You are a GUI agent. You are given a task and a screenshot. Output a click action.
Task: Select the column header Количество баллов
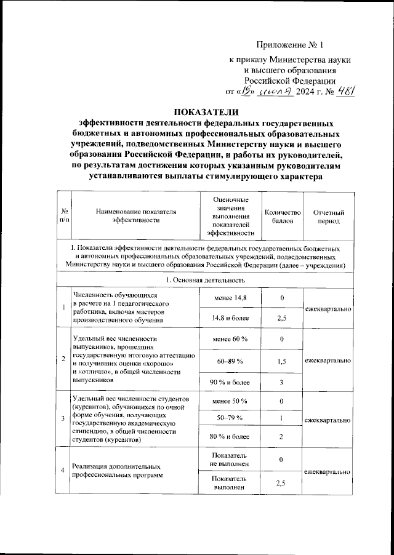click(282, 216)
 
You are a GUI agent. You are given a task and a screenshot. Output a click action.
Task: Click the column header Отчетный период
click(328, 216)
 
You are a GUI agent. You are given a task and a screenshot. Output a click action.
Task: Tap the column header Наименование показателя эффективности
click(135, 216)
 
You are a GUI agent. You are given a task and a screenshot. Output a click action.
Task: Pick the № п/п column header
click(63, 216)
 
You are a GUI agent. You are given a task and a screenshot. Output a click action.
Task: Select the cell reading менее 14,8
click(229, 298)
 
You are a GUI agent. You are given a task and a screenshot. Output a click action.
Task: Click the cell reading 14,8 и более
click(229, 319)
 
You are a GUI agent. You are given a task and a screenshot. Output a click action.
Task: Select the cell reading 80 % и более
click(229, 437)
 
